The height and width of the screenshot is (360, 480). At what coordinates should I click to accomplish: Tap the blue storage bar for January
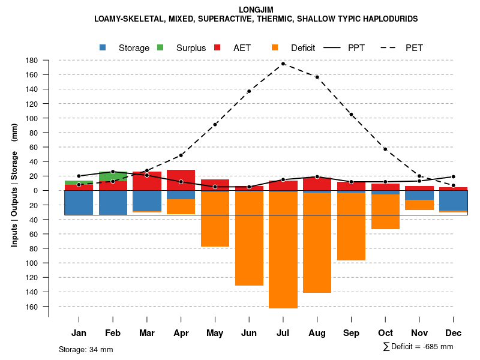click(79, 203)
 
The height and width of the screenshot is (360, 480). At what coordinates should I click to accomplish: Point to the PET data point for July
click(283, 64)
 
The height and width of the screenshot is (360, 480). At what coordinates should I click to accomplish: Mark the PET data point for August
click(317, 77)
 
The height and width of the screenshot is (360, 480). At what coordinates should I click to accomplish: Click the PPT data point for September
click(351, 182)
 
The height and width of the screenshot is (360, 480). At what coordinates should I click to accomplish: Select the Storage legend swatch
click(103, 48)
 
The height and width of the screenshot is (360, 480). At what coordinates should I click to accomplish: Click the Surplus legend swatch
click(160, 48)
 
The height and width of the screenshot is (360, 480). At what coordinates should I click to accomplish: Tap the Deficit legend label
click(303, 48)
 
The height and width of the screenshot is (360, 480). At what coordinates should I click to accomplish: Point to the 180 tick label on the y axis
click(32, 61)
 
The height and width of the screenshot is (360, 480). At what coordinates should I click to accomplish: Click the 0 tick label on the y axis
click(36, 191)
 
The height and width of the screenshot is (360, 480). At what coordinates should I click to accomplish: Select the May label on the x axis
click(215, 333)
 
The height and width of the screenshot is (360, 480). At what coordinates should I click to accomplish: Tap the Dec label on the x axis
click(454, 333)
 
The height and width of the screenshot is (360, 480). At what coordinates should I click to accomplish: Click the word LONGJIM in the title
click(256, 10)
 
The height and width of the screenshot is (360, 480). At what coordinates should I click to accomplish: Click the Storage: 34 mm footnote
click(86, 349)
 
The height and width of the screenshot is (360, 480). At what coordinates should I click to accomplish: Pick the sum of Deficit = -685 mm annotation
click(418, 347)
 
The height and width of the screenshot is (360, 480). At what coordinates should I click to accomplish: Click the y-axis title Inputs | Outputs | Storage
click(14, 198)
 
